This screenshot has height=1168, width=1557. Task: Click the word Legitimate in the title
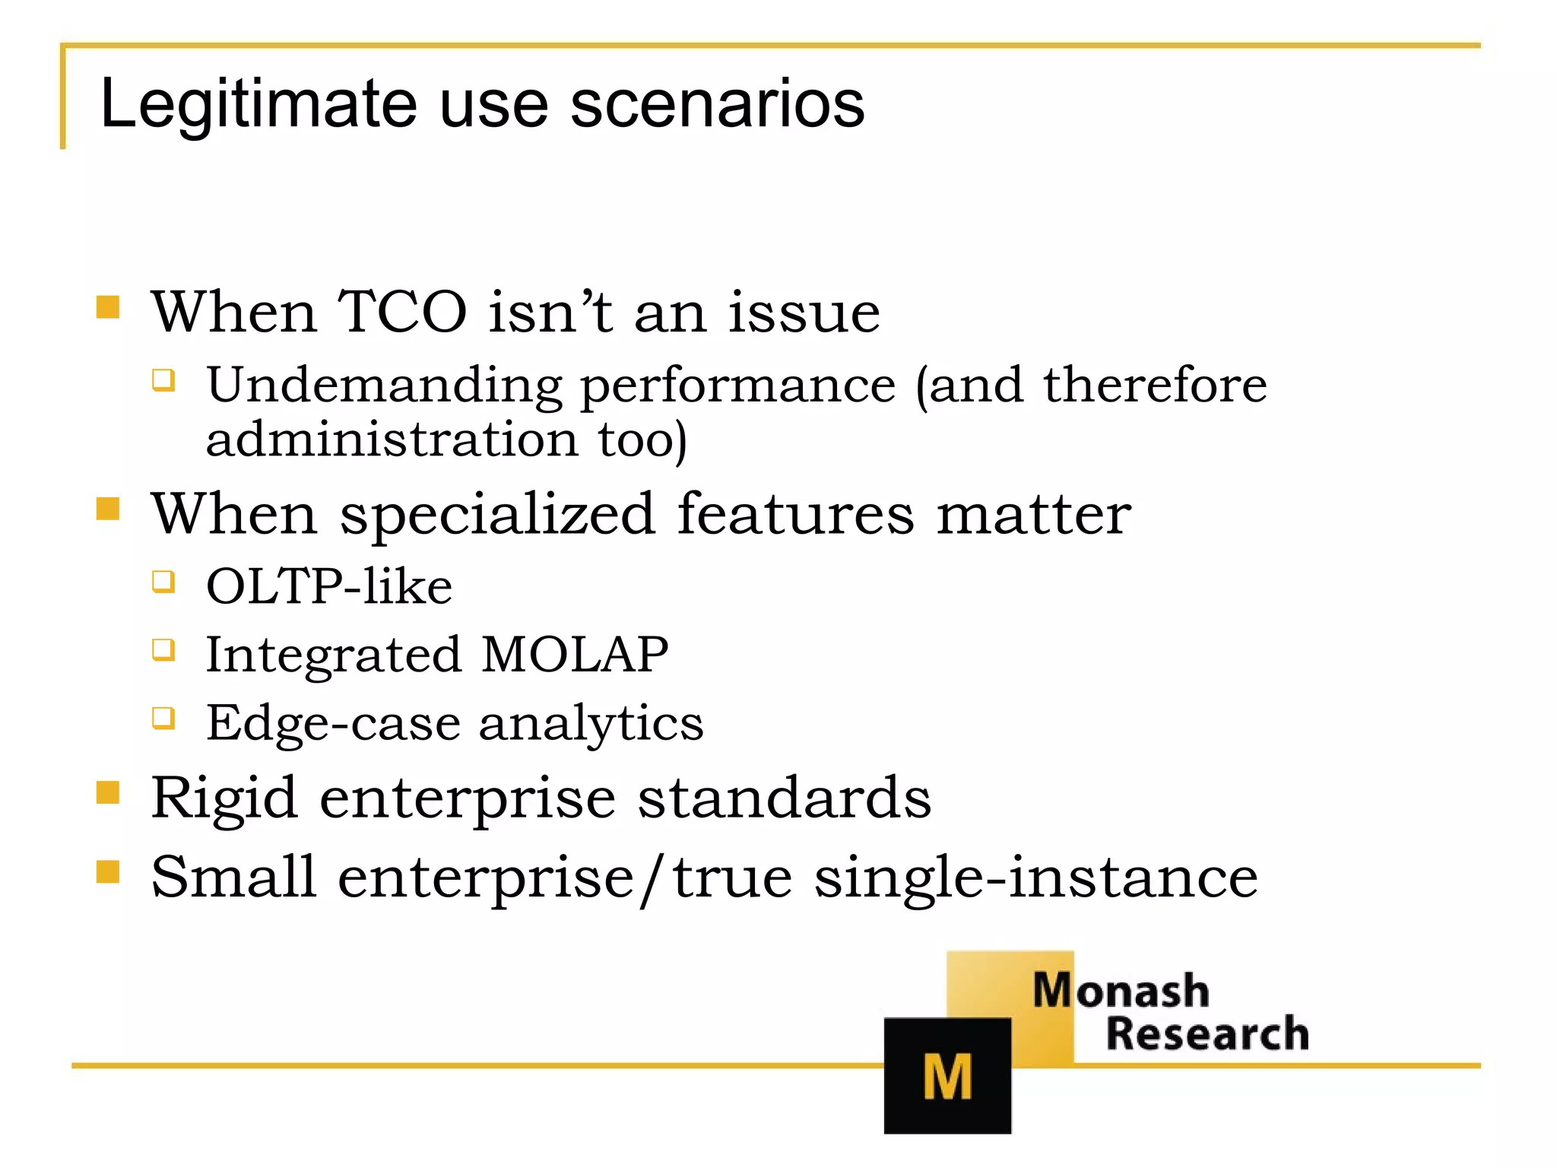pos(258,104)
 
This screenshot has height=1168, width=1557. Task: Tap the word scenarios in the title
pos(717,104)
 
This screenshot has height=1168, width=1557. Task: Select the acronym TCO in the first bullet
pos(401,312)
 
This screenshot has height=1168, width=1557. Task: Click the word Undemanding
pos(384,386)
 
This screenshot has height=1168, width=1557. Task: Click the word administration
pos(392,440)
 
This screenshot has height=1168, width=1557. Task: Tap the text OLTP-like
pos(329,586)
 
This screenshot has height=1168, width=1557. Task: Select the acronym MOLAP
pos(575,654)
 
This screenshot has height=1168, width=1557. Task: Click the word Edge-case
pos(333,722)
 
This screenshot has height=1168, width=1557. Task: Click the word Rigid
pos(224,798)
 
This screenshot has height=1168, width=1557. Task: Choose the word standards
pos(784,798)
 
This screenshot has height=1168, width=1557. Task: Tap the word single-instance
pos(1035,878)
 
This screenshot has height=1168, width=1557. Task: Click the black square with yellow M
pos(947,1075)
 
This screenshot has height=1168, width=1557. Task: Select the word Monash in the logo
pos(1121,991)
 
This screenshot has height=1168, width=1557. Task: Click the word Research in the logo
pos(1207,1034)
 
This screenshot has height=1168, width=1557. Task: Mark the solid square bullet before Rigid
pos(108,792)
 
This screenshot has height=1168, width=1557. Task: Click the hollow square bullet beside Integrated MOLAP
pos(163,650)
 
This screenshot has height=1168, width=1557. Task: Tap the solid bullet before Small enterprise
pos(108,871)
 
